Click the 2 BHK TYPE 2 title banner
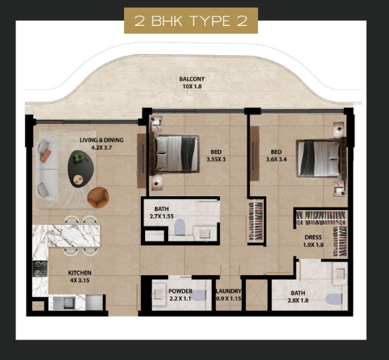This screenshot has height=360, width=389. (x=191, y=20)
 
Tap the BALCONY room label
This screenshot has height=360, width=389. (x=192, y=79)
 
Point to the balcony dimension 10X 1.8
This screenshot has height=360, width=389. (x=192, y=87)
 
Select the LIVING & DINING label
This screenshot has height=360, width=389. (x=102, y=140)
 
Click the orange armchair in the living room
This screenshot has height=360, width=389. (x=98, y=198)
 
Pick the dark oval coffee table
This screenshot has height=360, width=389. (x=81, y=169)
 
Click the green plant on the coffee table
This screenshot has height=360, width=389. (x=79, y=158)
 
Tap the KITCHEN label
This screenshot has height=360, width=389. (x=80, y=273)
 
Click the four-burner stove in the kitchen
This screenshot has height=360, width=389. (x=40, y=268)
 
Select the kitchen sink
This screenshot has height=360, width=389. (x=64, y=303)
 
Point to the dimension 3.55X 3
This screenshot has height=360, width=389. (x=216, y=160)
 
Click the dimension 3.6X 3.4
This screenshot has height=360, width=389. (x=276, y=160)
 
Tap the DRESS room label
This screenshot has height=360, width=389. (x=313, y=237)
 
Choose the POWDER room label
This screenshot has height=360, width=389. (x=180, y=291)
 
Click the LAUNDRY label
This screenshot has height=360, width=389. (x=228, y=291)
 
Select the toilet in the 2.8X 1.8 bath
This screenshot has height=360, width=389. (x=334, y=299)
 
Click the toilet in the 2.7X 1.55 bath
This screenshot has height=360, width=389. (x=180, y=227)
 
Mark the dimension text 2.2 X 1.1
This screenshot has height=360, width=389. (x=180, y=298)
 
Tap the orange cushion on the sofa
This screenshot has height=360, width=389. (x=46, y=155)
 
